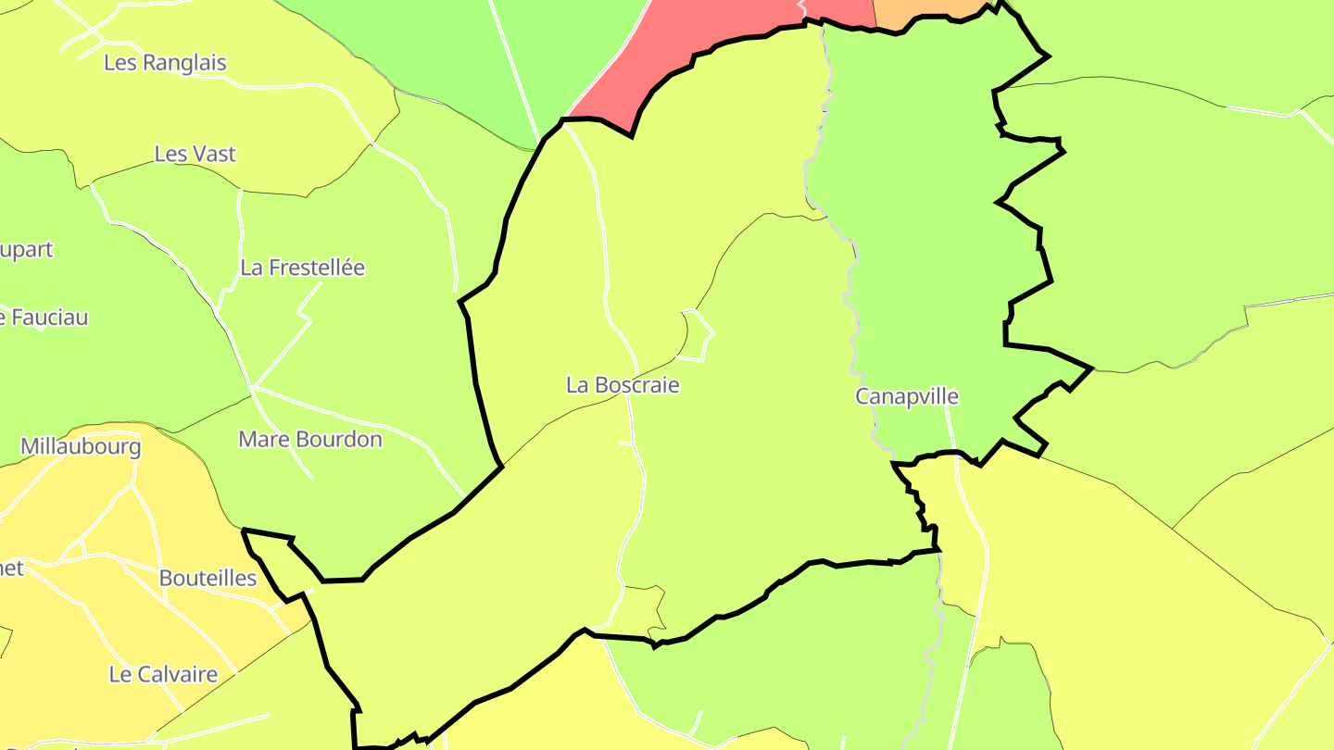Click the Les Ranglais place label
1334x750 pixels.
(x=165, y=63)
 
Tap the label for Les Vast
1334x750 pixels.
(x=195, y=154)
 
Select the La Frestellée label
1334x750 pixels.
(x=302, y=268)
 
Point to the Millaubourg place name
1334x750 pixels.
(x=81, y=446)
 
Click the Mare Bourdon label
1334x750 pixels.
(x=310, y=439)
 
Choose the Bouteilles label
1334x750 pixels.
(x=208, y=578)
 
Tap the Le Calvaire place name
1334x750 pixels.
(x=163, y=674)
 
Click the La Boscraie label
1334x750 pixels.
(x=623, y=385)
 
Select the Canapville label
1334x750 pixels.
(x=906, y=397)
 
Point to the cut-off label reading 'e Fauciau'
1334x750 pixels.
(x=44, y=318)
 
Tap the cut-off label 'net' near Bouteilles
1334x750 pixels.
(x=11, y=568)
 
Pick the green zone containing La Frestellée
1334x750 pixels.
(x=371, y=352)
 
